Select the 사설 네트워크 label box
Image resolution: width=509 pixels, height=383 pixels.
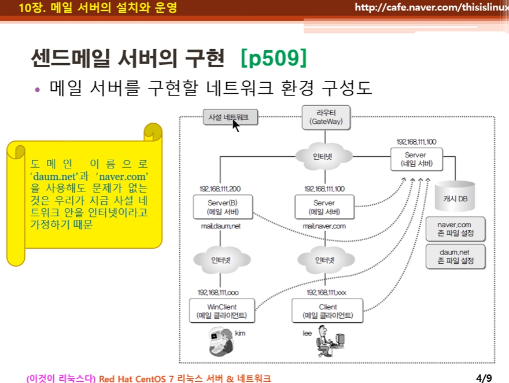point(228,117)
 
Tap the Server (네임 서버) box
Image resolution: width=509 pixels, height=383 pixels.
point(415,159)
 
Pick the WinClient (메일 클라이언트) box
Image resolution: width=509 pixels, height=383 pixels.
point(222,311)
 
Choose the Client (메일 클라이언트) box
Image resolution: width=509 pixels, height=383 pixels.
point(327,311)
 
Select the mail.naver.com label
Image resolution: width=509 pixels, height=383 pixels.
point(324,226)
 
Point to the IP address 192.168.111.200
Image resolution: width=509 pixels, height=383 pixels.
point(220,189)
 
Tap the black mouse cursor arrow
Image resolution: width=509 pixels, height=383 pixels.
point(235,126)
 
